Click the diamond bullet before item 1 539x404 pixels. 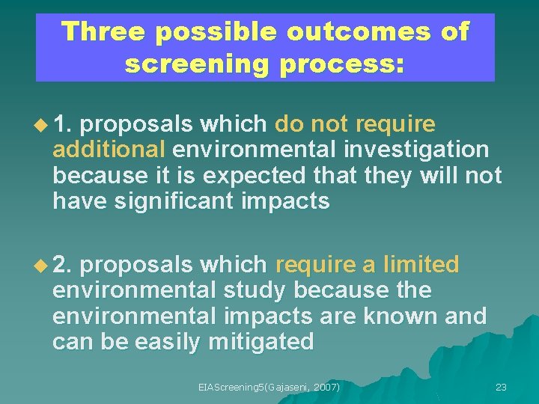40,123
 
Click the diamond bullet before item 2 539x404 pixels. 40,265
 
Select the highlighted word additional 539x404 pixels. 109,149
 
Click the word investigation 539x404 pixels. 416,149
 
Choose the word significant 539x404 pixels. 195,201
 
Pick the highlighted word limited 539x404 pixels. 421,265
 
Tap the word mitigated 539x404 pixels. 262,343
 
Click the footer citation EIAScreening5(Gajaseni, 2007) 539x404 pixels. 269,387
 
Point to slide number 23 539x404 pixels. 501,387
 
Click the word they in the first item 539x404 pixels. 400,175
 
